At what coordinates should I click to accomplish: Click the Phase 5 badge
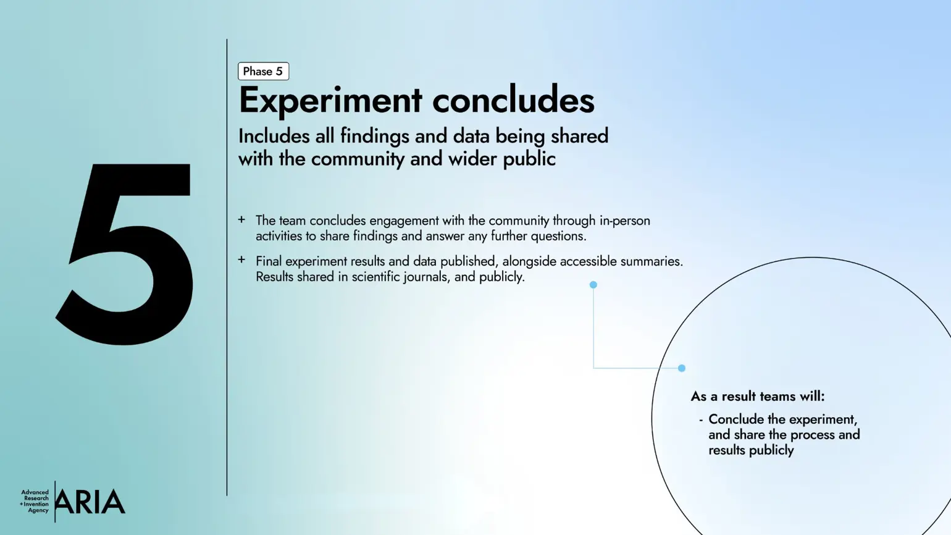pos(263,71)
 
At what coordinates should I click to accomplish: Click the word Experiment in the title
pos(330,100)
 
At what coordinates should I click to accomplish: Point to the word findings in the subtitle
pos(374,136)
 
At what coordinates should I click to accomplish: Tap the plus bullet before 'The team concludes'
pos(241,219)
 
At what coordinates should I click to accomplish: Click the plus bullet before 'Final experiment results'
pos(241,260)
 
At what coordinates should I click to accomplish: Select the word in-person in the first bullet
pos(624,221)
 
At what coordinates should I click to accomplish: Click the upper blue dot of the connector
pos(593,285)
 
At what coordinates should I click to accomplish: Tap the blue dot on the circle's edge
pos(682,368)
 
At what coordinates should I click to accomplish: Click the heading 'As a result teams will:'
pos(757,396)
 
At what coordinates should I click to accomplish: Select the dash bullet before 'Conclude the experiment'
pos(701,420)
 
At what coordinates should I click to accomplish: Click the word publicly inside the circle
pos(770,450)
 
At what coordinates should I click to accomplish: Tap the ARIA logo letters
pos(90,502)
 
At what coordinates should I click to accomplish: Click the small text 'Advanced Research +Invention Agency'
pos(35,502)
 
